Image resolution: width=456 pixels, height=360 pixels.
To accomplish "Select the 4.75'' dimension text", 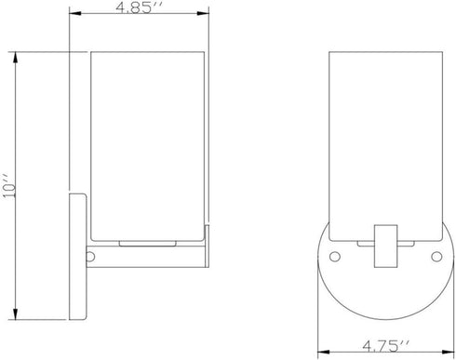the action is [386, 345].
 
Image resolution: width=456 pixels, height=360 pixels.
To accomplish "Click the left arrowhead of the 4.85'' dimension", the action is [75, 13].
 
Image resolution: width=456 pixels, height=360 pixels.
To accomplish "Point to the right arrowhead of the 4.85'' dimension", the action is [203, 13].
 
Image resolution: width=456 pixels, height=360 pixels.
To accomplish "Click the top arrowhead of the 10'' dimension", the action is [15, 58].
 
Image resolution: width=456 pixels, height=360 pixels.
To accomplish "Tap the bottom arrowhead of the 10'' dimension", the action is [15, 313].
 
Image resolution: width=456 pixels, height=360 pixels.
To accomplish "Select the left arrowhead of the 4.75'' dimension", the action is [324, 353].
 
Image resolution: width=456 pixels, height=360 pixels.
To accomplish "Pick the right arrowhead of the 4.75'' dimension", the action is [448, 353].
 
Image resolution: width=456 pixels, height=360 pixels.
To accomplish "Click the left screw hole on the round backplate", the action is [335, 257].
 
